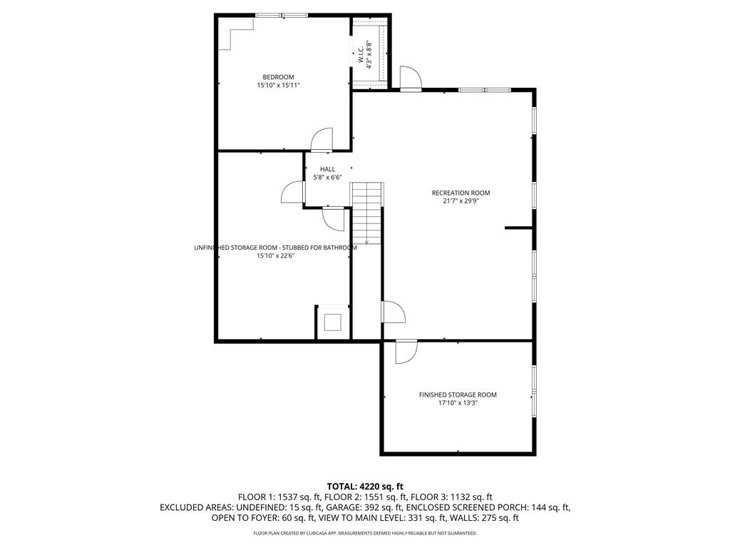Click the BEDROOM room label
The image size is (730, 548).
point(279,77)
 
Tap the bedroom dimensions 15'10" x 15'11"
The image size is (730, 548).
point(279,86)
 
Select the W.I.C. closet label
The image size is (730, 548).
point(361,55)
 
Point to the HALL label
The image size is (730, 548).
point(327,169)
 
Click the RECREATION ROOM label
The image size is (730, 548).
point(461,193)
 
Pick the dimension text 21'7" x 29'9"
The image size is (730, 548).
point(461,201)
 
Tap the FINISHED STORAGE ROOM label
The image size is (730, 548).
point(458,395)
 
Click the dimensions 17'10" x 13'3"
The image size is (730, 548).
point(458,403)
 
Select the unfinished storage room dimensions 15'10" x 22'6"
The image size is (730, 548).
point(276,256)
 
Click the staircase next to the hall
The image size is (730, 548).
point(367,213)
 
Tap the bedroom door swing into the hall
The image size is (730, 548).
point(322,139)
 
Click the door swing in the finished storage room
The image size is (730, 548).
point(406,352)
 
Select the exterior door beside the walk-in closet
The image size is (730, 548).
point(411,77)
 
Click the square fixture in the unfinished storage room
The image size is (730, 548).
point(333,322)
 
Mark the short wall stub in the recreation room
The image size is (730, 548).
point(519,228)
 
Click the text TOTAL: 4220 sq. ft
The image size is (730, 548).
point(365,487)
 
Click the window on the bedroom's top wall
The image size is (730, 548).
point(281,16)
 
